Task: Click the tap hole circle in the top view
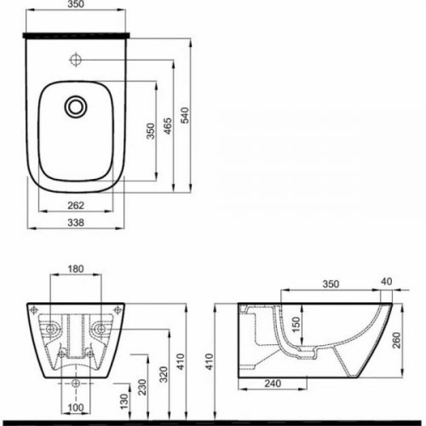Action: [x=77, y=61]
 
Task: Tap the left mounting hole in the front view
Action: [x=50, y=327]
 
